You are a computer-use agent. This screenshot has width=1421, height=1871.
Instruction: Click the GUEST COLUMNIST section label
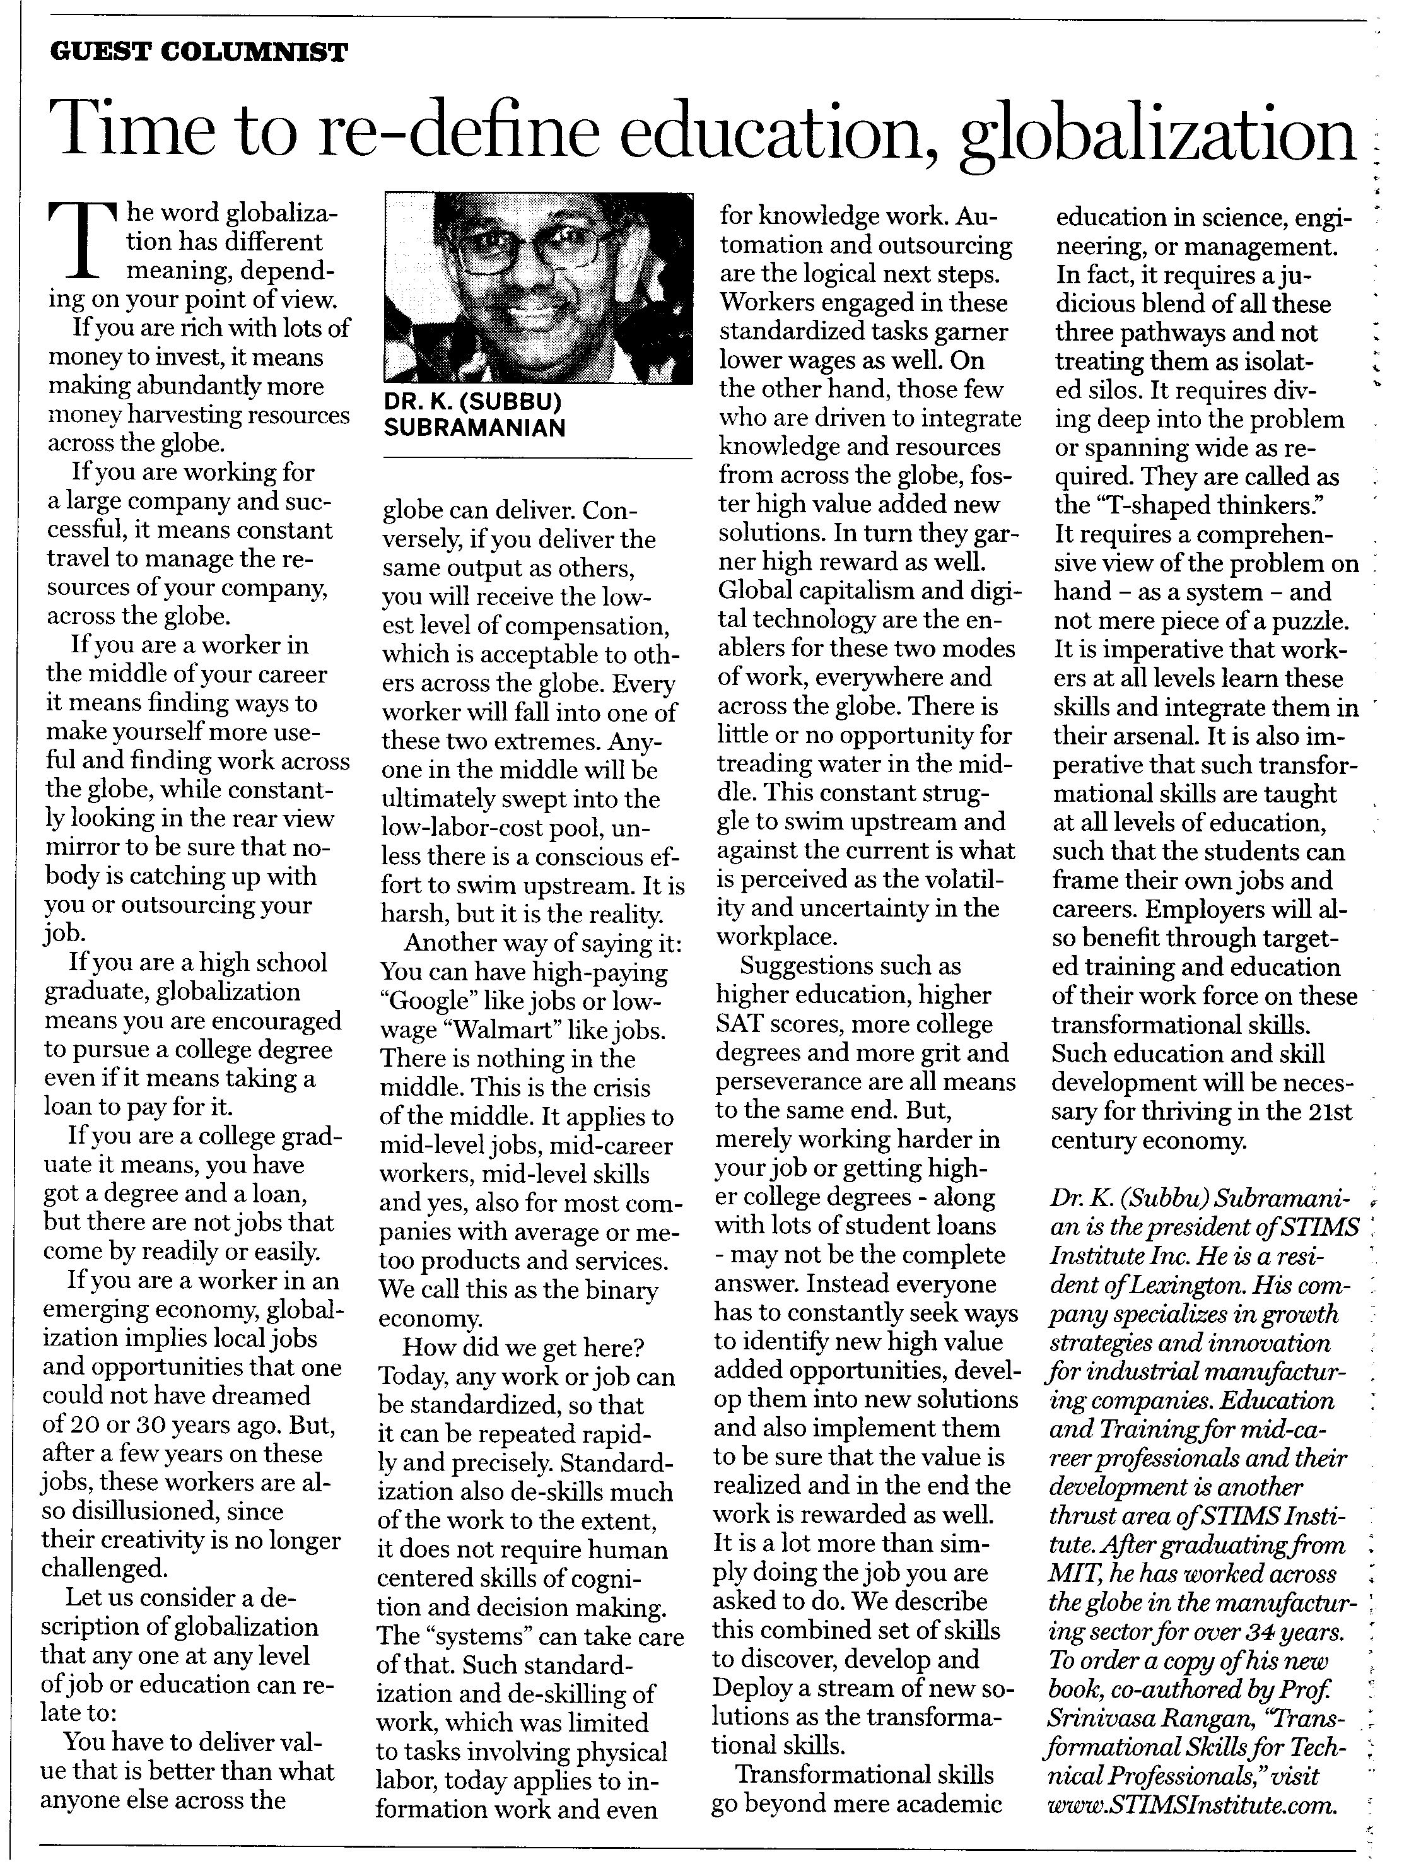point(199,52)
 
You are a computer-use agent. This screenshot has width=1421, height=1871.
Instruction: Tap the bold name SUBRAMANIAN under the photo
point(474,428)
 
